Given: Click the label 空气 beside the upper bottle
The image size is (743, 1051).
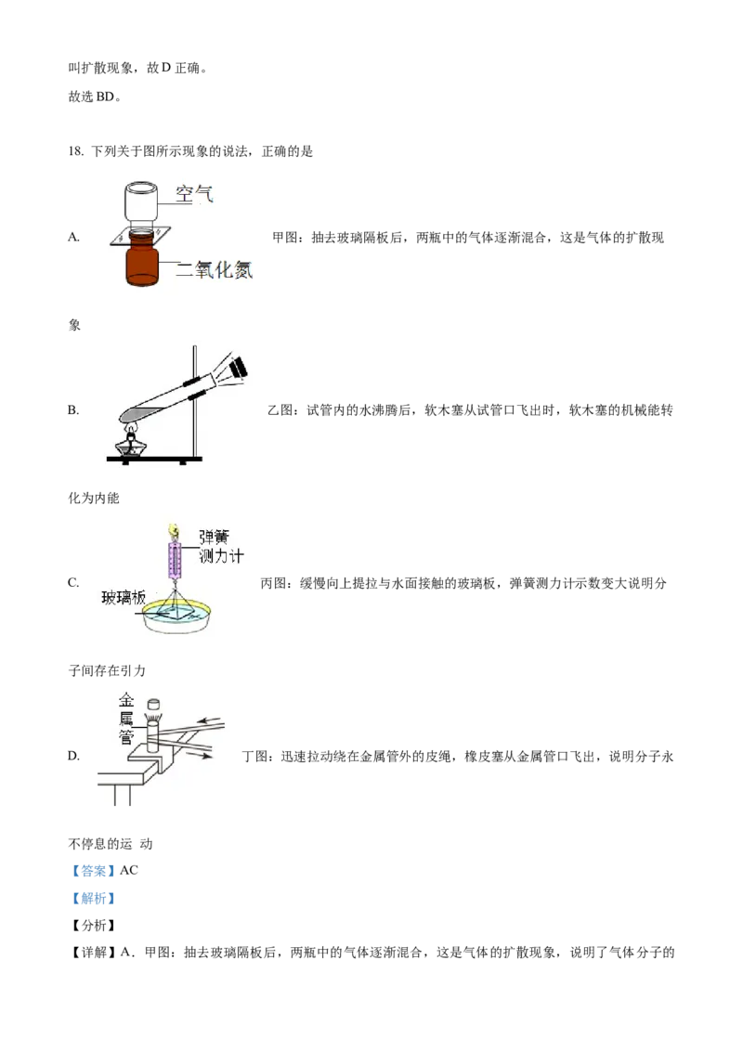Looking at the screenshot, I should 196,194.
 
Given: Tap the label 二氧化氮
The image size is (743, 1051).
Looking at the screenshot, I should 215,269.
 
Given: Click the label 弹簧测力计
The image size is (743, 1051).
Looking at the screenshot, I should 220,547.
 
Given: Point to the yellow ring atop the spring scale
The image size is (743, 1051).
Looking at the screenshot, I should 172,530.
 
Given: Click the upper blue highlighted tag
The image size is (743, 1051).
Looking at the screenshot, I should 93,872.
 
